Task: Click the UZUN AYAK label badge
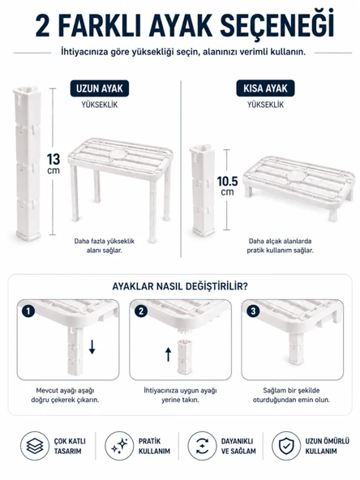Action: [100, 88]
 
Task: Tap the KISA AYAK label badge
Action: [265, 88]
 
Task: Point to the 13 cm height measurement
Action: [54, 164]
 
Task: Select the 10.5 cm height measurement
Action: [228, 186]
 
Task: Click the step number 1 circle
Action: [28, 311]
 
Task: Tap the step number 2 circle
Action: [141, 311]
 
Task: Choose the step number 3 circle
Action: [253, 311]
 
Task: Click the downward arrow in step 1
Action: [92, 346]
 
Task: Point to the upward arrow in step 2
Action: [168, 354]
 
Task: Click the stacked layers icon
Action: [35, 446]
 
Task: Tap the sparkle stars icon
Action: [119, 446]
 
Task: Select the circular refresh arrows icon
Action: [202, 446]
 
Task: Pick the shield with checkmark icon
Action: [286, 446]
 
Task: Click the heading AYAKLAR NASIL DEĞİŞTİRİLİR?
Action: [180, 287]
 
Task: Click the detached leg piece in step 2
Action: [185, 357]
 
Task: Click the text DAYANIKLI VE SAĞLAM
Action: [238, 446]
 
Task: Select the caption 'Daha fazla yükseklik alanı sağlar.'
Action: [105, 246]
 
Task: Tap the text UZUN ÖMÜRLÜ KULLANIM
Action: [327, 446]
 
